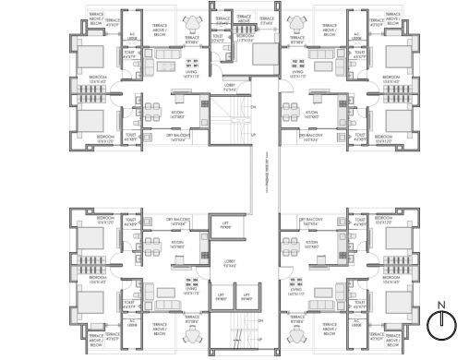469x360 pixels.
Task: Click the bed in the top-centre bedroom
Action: click(263, 52)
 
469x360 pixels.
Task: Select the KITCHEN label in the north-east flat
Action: click(312, 115)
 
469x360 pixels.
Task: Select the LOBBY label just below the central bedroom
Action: click(229, 89)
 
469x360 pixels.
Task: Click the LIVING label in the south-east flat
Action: click(296, 291)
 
